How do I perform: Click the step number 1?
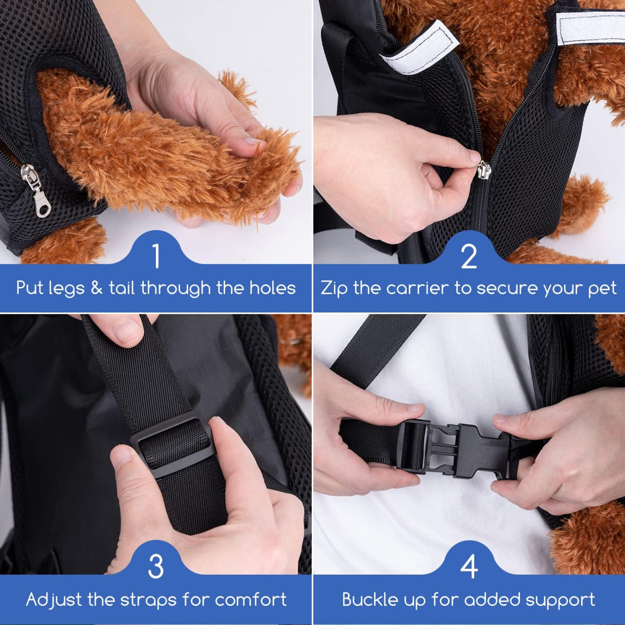click(x=157, y=256)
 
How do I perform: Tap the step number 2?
click(x=468, y=256)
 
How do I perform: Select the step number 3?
click(x=155, y=567)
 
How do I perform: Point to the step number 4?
click(x=469, y=567)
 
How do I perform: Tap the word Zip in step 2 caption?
click(x=334, y=288)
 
